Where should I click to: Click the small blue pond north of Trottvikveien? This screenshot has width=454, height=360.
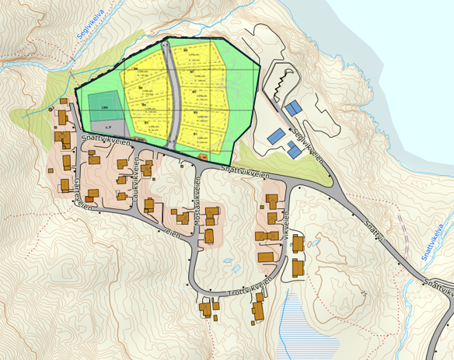(x=236, y=271)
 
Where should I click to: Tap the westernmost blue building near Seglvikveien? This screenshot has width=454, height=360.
(x=274, y=135)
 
